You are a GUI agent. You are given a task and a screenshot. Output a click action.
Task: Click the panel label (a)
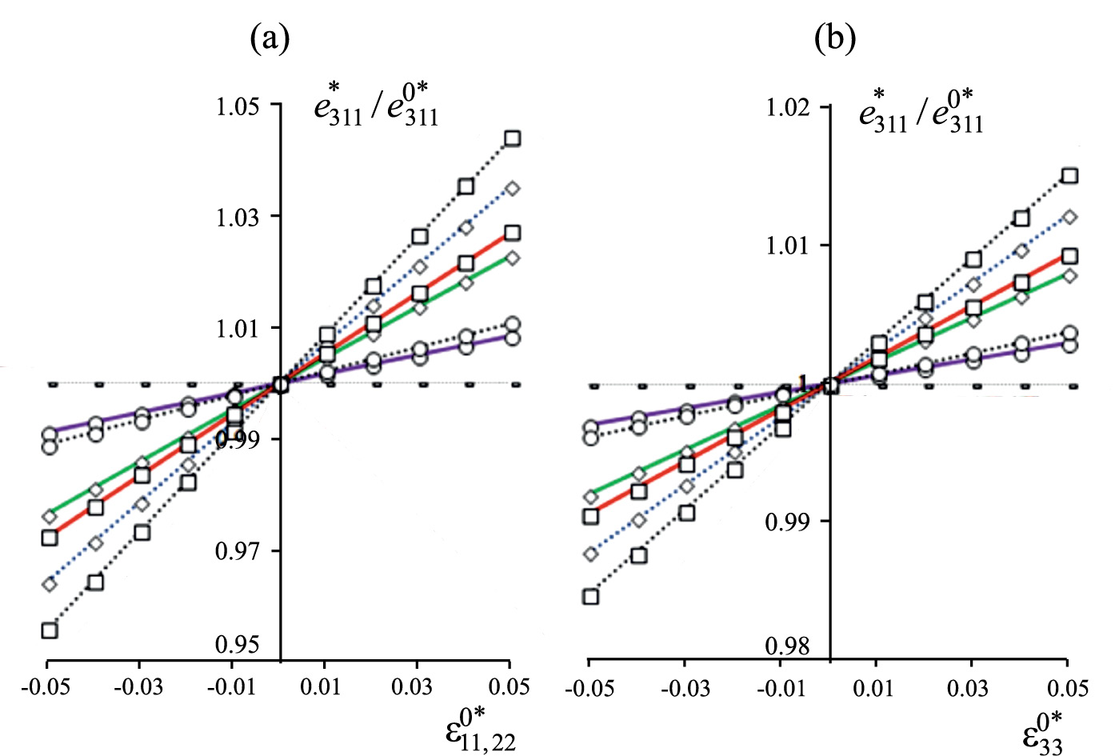(270, 38)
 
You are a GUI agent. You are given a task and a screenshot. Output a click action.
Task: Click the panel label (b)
(835, 38)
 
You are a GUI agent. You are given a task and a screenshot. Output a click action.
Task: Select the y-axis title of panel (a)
(376, 107)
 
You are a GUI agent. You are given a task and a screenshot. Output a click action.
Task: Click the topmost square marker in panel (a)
(512, 138)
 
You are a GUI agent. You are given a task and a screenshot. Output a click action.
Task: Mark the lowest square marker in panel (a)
(50, 630)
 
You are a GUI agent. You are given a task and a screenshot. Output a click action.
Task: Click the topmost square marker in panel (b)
(1069, 176)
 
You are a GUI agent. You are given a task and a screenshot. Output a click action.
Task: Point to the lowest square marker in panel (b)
(591, 597)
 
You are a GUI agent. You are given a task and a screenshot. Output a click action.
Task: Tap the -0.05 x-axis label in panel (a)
(47, 687)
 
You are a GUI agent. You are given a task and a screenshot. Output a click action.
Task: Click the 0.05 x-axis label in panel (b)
(1067, 689)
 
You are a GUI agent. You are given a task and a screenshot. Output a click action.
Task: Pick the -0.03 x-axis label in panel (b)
(684, 689)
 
